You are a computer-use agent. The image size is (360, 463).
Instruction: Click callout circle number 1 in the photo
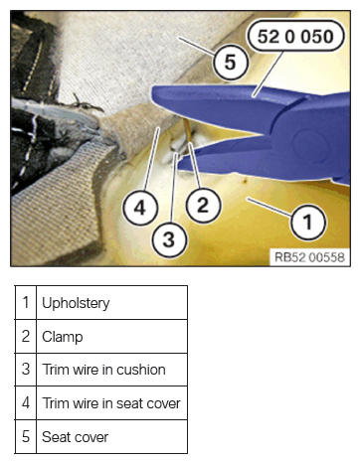(308, 223)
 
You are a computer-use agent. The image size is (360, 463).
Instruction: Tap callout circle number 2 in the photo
(203, 205)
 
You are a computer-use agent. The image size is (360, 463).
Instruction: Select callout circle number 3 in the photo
(169, 240)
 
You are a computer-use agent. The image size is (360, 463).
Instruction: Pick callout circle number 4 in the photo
(140, 209)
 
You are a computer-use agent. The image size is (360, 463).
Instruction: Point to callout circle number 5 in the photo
(231, 62)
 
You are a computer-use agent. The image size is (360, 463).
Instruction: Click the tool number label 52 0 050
(295, 36)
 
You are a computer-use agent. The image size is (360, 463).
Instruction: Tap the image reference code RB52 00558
(309, 257)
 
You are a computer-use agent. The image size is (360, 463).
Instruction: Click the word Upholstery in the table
(76, 303)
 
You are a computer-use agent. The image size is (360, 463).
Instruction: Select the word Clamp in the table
(63, 337)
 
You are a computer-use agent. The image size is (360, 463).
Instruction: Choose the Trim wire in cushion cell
(111, 370)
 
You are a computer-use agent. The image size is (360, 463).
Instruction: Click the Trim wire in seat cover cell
(111, 403)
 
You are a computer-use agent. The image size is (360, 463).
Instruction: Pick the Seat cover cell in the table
(111, 437)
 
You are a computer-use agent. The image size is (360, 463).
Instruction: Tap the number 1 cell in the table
(26, 303)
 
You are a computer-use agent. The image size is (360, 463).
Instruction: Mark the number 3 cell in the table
(26, 370)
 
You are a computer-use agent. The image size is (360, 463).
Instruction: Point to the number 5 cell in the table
(26, 437)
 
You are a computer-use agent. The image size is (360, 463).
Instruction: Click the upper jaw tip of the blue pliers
(153, 94)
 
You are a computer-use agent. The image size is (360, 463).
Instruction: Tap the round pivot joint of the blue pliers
(309, 145)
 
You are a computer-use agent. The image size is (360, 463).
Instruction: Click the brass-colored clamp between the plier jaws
(187, 131)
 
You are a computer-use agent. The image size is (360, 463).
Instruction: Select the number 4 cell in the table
(26, 403)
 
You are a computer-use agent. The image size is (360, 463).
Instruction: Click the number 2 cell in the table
(26, 337)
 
